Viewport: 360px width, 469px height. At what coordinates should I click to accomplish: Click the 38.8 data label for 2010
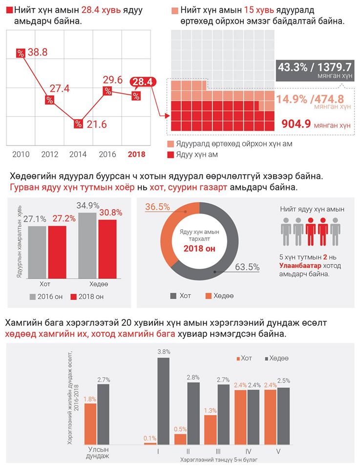pyautogui.click(x=37, y=52)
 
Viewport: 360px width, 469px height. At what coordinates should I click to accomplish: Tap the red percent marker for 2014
pyautogui.click(x=78, y=124)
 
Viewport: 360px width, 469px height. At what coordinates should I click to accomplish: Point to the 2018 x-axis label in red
pyautogui.click(x=137, y=154)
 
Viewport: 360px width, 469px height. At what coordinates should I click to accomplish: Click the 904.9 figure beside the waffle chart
pyautogui.click(x=296, y=124)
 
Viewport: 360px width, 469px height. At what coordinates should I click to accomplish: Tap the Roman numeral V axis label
pyautogui.click(x=278, y=452)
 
